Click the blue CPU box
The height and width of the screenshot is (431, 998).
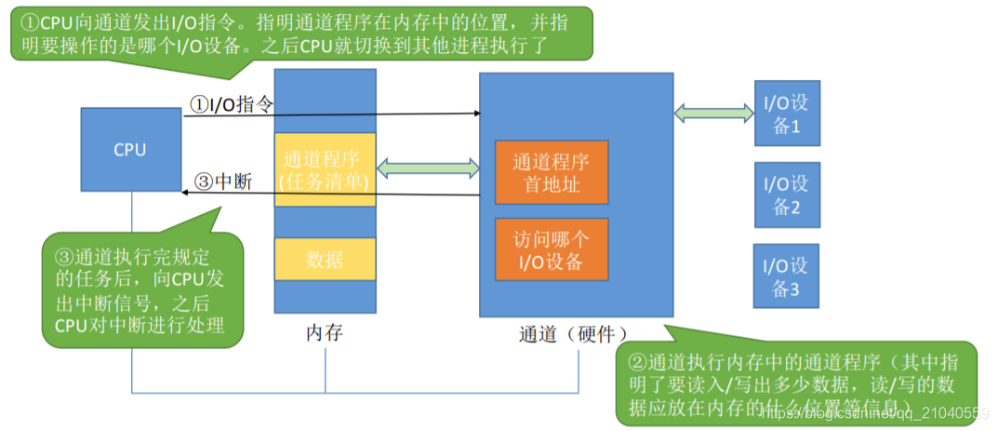pos(130,150)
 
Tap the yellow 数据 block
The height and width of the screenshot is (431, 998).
pos(325,260)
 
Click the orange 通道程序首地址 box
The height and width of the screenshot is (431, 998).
pos(552,172)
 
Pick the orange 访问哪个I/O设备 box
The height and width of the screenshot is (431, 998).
pos(552,249)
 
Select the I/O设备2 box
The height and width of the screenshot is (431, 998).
pos(787,195)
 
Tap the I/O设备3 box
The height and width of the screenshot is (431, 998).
pos(787,276)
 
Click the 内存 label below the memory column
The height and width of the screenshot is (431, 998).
pos(325,332)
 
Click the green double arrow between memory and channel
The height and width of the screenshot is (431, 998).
pos(428,168)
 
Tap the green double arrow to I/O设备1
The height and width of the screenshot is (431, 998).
pos(714,113)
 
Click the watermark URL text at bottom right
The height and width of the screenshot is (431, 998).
pos(874,413)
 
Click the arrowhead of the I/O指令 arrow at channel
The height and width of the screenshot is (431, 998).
pos(475,114)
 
